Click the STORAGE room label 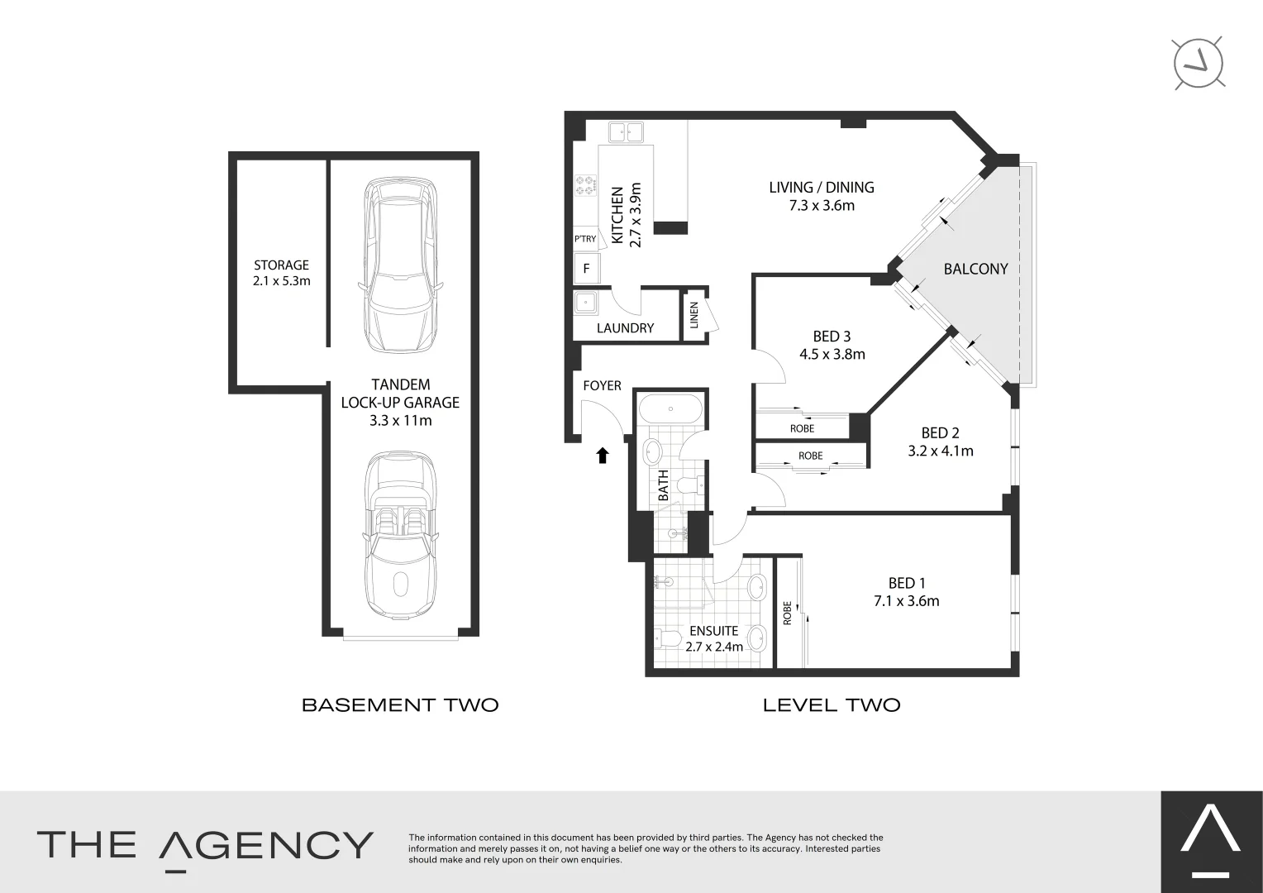pyautogui.click(x=281, y=265)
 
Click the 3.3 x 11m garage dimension pyautogui.click(x=400, y=420)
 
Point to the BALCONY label pyautogui.click(x=975, y=269)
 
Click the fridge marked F pyautogui.click(x=587, y=269)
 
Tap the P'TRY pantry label pyautogui.click(x=585, y=239)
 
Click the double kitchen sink pyautogui.click(x=626, y=132)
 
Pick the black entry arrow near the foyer pyautogui.click(x=603, y=454)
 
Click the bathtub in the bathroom pyautogui.click(x=670, y=409)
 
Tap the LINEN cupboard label pyautogui.click(x=693, y=315)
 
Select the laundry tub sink pyautogui.click(x=587, y=303)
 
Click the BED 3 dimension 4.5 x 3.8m pyautogui.click(x=832, y=355)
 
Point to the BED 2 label pyautogui.click(x=940, y=433)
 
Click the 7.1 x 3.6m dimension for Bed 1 pyautogui.click(x=906, y=601)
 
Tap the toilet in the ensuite pyautogui.click(x=669, y=638)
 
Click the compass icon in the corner pyautogui.click(x=1199, y=63)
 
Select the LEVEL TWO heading pyautogui.click(x=831, y=705)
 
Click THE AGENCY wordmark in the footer pyautogui.click(x=205, y=846)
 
